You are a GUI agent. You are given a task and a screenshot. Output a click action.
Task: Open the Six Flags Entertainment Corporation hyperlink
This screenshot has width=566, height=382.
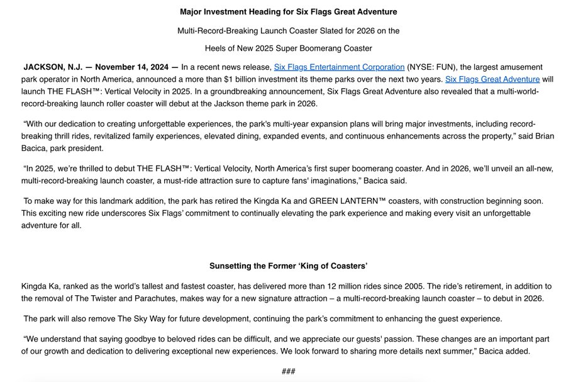(x=339, y=67)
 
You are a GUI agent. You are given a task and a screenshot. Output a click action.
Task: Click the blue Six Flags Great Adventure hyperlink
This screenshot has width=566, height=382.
(x=492, y=79)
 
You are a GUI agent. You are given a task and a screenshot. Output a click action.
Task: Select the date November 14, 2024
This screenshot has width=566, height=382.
(x=135, y=67)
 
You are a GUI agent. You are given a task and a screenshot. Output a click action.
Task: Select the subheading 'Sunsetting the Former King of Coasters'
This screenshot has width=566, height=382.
(x=288, y=266)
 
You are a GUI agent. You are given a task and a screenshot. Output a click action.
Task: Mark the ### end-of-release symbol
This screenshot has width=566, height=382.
(x=288, y=371)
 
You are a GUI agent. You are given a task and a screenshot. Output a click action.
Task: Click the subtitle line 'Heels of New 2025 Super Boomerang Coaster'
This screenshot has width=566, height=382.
(x=288, y=48)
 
